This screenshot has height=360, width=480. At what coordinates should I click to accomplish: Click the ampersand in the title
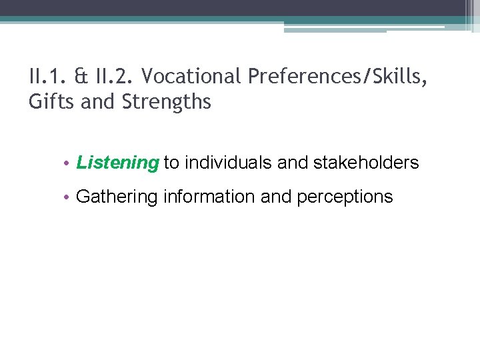(81, 77)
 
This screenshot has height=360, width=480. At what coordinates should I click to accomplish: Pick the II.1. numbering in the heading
(49, 77)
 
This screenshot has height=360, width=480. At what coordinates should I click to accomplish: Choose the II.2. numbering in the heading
(113, 77)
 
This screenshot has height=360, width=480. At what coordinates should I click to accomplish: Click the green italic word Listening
(118, 163)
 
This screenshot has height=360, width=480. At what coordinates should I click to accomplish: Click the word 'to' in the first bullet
(171, 163)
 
